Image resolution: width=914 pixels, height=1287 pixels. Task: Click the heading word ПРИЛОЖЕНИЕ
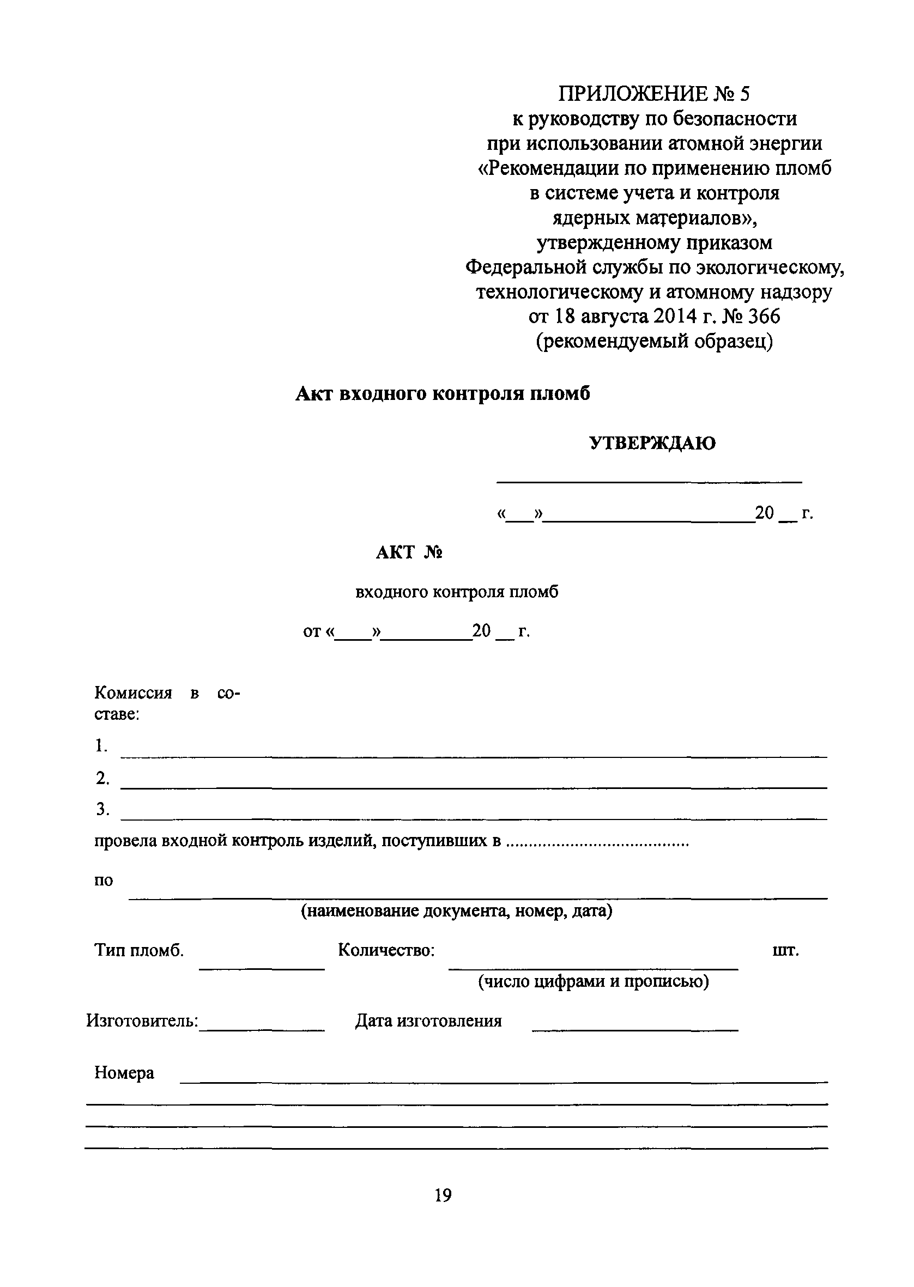633,93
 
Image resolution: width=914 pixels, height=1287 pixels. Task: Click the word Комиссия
133,693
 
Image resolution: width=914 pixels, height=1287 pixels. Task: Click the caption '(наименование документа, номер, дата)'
456,910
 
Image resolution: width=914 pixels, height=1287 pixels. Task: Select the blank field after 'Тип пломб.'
262,967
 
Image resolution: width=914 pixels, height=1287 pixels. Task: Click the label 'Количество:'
386,951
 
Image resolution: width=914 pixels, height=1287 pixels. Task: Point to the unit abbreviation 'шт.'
786,951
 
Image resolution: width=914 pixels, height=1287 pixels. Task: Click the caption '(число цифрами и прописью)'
593,982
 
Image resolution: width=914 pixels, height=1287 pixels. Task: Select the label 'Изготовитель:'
142,1021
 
